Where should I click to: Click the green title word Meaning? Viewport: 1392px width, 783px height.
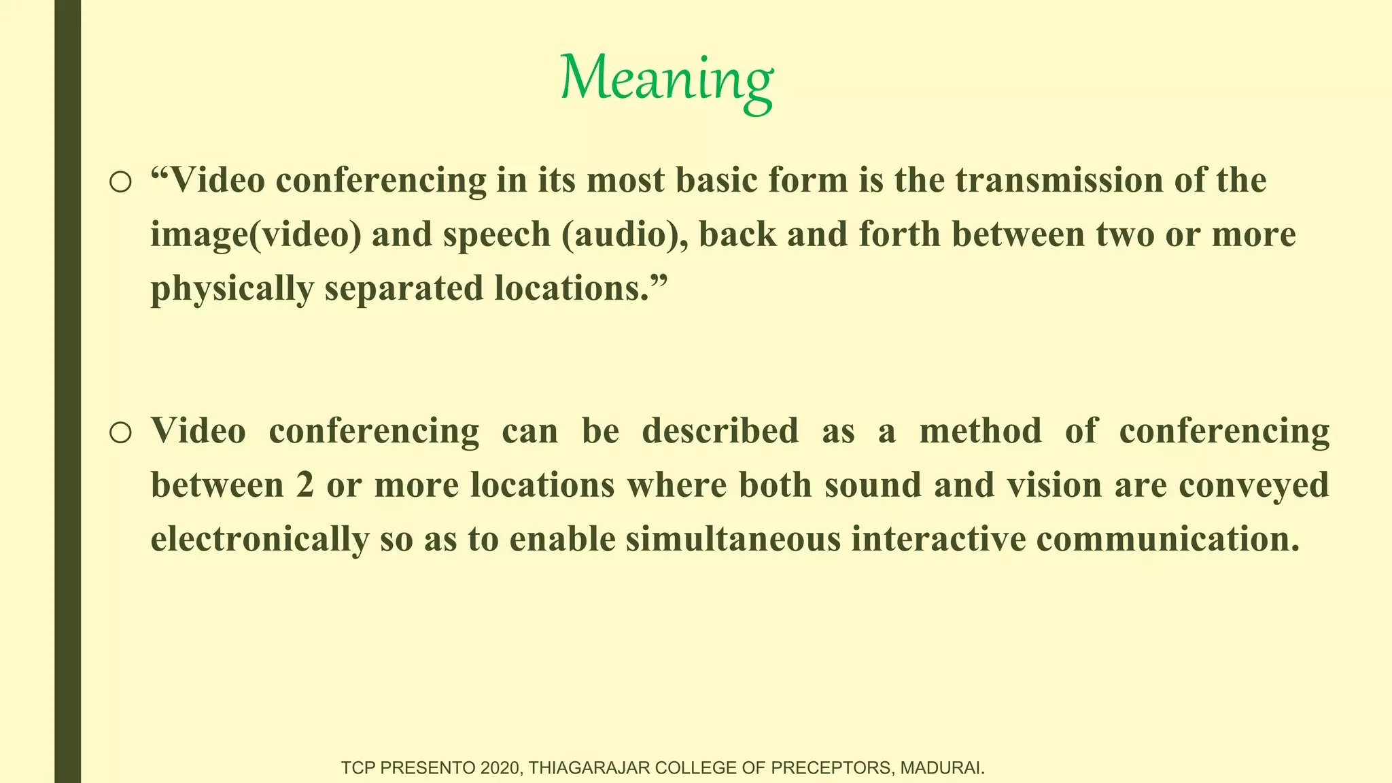coord(666,80)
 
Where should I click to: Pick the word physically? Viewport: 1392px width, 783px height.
coord(232,288)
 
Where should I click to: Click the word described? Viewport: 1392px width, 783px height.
coord(720,431)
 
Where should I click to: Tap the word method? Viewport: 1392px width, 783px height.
coord(980,431)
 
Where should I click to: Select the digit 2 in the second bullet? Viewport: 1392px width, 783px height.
coord(305,485)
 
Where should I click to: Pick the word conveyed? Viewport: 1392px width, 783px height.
coord(1253,485)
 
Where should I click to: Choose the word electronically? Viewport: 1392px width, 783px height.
coord(260,540)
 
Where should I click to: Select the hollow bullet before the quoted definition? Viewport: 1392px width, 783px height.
coord(120,181)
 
